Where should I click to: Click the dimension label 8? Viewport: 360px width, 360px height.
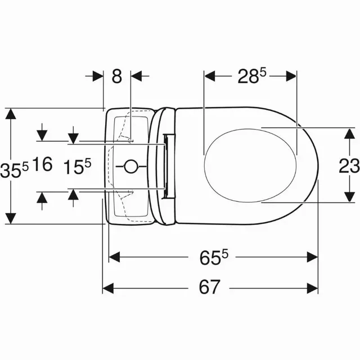point(117,76)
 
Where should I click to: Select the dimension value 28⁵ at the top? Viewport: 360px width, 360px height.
point(251,76)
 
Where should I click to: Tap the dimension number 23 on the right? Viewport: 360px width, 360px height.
point(349,165)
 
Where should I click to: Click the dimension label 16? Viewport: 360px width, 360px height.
point(42,164)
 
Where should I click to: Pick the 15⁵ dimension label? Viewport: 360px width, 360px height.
point(77,166)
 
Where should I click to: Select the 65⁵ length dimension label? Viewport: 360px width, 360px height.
point(214,257)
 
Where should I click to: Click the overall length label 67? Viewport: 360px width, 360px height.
point(209,287)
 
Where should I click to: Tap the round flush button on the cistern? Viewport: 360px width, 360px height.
point(130,166)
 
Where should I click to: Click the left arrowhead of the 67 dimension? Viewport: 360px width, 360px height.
point(108,289)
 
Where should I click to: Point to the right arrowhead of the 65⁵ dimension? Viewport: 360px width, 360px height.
point(313,257)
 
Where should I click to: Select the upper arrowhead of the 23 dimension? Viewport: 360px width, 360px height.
point(349,133)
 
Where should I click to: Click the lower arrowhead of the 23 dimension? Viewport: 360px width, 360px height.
point(349,197)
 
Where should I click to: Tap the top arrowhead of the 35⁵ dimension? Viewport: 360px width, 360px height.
point(11,114)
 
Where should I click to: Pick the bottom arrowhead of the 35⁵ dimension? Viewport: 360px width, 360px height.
point(11,218)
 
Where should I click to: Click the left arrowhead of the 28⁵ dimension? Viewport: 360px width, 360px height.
point(210,76)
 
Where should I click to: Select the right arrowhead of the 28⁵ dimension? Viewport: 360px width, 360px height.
point(291,76)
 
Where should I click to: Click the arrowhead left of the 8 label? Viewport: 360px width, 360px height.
point(98,76)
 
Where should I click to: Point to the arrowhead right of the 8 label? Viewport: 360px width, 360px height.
point(136,76)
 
